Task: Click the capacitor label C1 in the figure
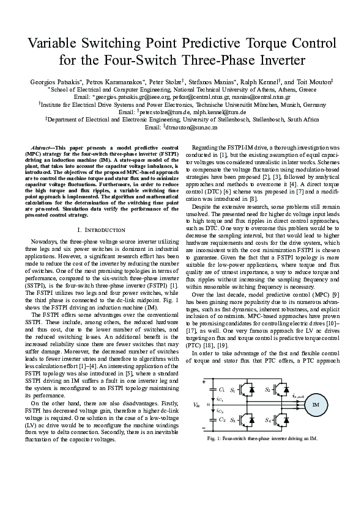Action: [221, 389]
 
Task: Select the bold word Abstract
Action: [42, 148]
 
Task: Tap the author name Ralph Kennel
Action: [261, 81]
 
